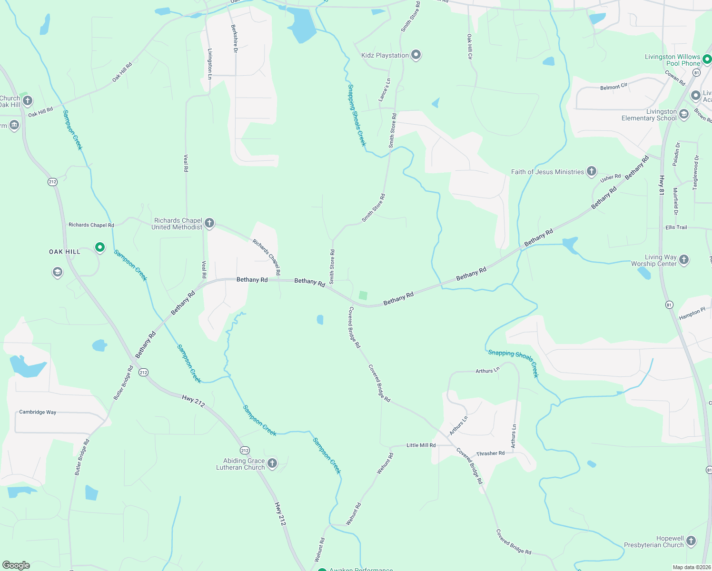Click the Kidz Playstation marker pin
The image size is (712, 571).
point(416,55)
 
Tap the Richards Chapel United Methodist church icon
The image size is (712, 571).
point(209,223)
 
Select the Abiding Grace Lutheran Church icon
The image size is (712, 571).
point(272,463)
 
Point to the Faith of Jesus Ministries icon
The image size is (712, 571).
point(591,171)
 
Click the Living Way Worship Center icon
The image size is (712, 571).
point(683,260)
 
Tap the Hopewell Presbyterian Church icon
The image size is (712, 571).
point(691,541)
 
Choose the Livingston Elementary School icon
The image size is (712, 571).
point(683,114)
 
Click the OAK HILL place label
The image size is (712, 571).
point(65,252)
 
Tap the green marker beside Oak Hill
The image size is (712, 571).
point(99,247)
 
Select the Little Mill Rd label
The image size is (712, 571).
point(421,445)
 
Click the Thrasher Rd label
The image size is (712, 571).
point(490,453)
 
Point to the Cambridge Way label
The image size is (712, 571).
point(38,412)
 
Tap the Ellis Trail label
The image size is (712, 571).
point(676,227)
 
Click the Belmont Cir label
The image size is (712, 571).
point(613,87)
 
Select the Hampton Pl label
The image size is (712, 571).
point(692,314)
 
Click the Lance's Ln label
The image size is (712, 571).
point(384,89)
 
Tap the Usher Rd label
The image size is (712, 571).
point(610,178)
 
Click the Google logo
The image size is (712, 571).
point(16,565)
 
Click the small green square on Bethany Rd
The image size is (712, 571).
point(363,295)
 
